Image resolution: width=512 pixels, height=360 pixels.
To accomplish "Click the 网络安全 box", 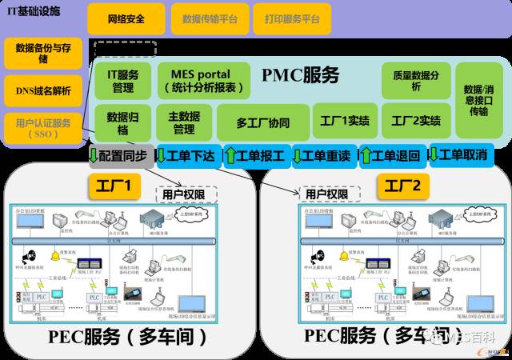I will pos(126,18).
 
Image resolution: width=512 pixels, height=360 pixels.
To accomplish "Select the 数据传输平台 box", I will pos(209,18).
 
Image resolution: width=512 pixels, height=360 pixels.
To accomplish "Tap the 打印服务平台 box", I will pos(291,18).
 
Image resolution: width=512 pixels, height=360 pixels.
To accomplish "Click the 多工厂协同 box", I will pos(262,123).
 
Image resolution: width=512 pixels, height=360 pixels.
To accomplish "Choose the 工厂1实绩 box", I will pos(344,122).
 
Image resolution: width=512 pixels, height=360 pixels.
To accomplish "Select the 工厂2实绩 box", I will pos(416,122).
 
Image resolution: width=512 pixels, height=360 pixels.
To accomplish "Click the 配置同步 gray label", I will pos(118,155).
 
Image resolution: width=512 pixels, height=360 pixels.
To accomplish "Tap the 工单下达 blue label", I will pos(185,155).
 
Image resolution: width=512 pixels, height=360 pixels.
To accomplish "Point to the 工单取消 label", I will pos(459,154).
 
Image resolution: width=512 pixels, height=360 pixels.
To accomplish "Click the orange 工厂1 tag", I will pos(114,187).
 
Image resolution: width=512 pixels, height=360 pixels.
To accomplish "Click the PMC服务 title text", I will pos(300,76).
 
